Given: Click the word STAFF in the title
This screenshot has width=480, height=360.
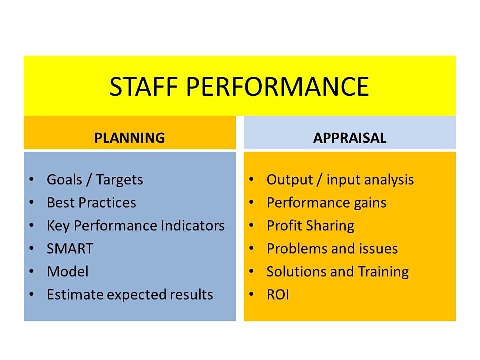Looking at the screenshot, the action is pos(144,87).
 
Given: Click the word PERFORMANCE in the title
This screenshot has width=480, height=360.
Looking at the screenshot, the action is pos(277,87).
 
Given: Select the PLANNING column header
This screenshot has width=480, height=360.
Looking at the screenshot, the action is pos(130,138).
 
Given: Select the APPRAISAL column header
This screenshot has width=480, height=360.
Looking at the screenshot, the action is pos(350,138).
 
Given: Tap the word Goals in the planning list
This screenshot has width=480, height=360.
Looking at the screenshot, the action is pos(64,179).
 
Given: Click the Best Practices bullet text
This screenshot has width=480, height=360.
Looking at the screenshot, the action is pos(91,202).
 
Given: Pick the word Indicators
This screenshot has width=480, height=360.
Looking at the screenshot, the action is pos(193,225).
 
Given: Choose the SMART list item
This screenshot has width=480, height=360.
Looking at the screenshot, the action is pos(70,248).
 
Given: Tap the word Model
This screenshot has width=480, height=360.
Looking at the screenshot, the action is pos(68,271).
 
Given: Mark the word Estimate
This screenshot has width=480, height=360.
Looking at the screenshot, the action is pos(75,294).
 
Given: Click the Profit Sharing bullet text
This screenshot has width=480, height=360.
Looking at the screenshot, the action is pos(310,226).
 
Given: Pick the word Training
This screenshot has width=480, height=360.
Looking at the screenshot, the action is pos(383,272).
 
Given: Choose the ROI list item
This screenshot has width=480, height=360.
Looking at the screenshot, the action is pos(278,294).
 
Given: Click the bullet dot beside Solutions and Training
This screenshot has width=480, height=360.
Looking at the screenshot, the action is pos(251,271).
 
